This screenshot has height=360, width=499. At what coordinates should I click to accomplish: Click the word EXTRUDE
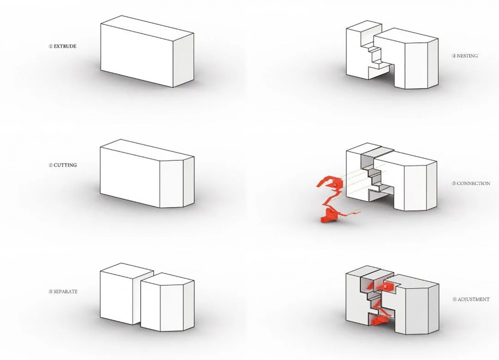(65, 46)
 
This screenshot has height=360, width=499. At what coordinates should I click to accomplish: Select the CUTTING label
(65, 165)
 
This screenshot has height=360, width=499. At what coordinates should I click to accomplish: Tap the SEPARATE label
(65, 291)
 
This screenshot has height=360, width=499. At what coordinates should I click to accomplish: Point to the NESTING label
(467, 56)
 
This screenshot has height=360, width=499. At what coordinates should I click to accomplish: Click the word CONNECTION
(473, 184)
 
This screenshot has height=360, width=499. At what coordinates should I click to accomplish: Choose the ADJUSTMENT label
(473, 300)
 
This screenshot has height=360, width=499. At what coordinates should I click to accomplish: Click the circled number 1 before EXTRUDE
(50, 46)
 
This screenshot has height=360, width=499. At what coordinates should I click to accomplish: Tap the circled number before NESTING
(454, 56)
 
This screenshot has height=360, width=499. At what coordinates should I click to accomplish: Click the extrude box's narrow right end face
(183, 60)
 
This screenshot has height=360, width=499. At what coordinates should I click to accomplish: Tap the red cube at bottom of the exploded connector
(327, 216)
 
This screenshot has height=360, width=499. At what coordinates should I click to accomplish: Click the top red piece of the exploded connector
(330, 182)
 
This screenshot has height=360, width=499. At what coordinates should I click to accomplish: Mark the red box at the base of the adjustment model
(378, 321)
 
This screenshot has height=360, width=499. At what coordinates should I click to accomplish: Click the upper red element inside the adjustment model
(387, 287)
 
